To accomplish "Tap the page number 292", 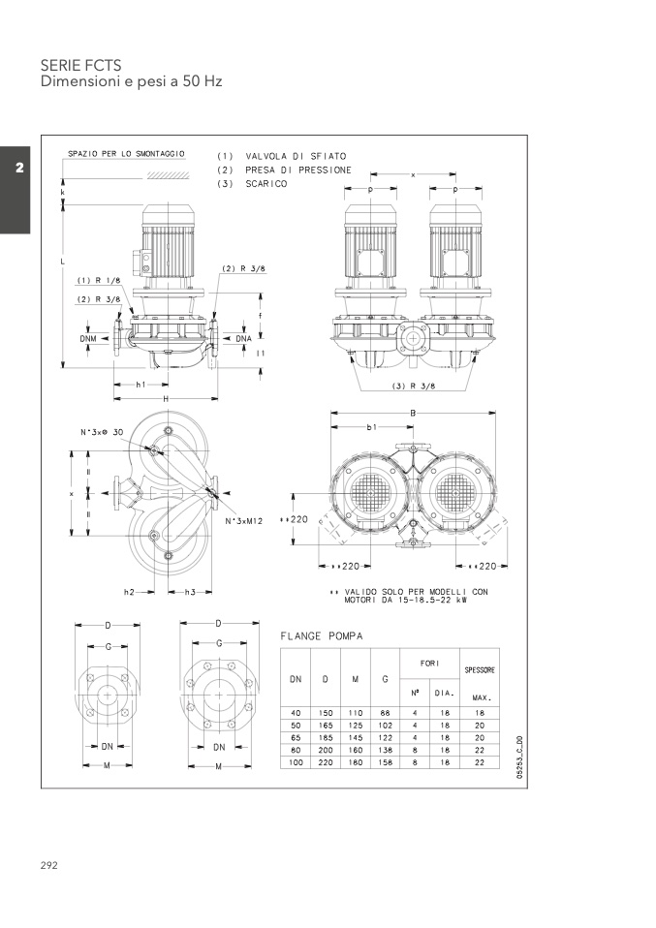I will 49,864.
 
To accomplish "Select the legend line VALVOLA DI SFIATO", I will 295,156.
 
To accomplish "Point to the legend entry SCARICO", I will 266,183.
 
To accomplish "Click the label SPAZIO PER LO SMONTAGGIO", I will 126,154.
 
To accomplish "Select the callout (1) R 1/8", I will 98,281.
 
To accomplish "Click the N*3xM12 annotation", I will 246,522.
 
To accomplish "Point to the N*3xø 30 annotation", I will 102,431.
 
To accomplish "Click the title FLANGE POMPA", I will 322,636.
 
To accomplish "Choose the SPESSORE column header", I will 480,670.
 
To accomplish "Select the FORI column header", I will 429,664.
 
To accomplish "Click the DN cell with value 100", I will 296,762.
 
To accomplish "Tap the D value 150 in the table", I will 325,712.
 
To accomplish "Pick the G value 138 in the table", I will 385,750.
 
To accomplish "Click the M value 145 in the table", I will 355,737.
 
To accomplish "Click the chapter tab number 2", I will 18,169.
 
